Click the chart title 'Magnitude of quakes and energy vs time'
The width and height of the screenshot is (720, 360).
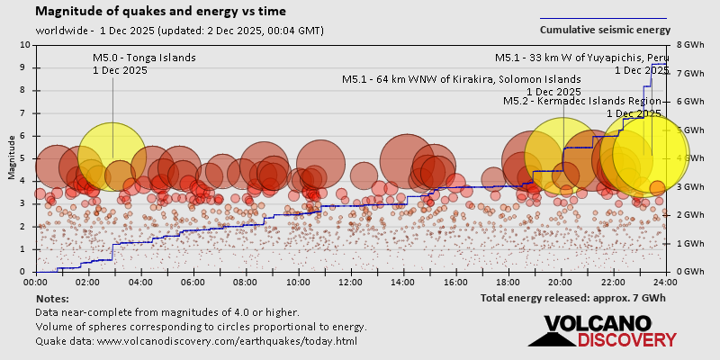click(x=161, y=12)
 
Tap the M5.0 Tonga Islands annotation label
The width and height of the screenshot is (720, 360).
click(x=144, y=58)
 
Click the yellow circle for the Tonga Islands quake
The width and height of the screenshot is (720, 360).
click(x=112, y=157)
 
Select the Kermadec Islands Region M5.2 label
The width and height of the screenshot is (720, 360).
click(x=582, y=102)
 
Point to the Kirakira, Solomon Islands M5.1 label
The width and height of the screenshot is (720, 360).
click(x=461, y=79)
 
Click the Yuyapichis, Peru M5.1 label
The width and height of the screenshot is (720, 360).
click(x=581, y=58)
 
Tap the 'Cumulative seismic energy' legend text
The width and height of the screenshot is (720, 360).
click(x=604, y=31)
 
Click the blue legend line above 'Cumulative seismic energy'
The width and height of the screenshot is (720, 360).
click(x=603, y=18)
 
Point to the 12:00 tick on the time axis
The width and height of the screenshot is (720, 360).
click(x=351, y=281)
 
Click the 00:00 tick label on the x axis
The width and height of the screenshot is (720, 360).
click(x=36, y=281)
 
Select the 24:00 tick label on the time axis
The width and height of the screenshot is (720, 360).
click(x=665, y=281)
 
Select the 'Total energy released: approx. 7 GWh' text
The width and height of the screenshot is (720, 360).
click(x=572, y=298)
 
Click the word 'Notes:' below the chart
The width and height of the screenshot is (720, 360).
click(x=53, y=298)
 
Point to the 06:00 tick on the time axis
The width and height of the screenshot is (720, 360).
click(x=193, y=281)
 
